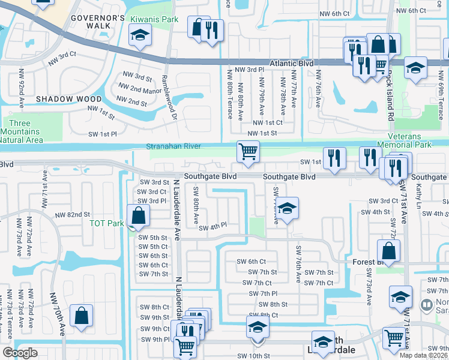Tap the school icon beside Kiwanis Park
140,35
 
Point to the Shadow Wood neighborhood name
60,98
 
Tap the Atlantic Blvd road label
291,62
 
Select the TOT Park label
106,223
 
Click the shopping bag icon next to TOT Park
138,216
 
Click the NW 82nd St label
72,215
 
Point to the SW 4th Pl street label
213,227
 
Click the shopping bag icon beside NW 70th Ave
81,316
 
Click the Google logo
20,353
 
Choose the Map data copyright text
423,355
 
